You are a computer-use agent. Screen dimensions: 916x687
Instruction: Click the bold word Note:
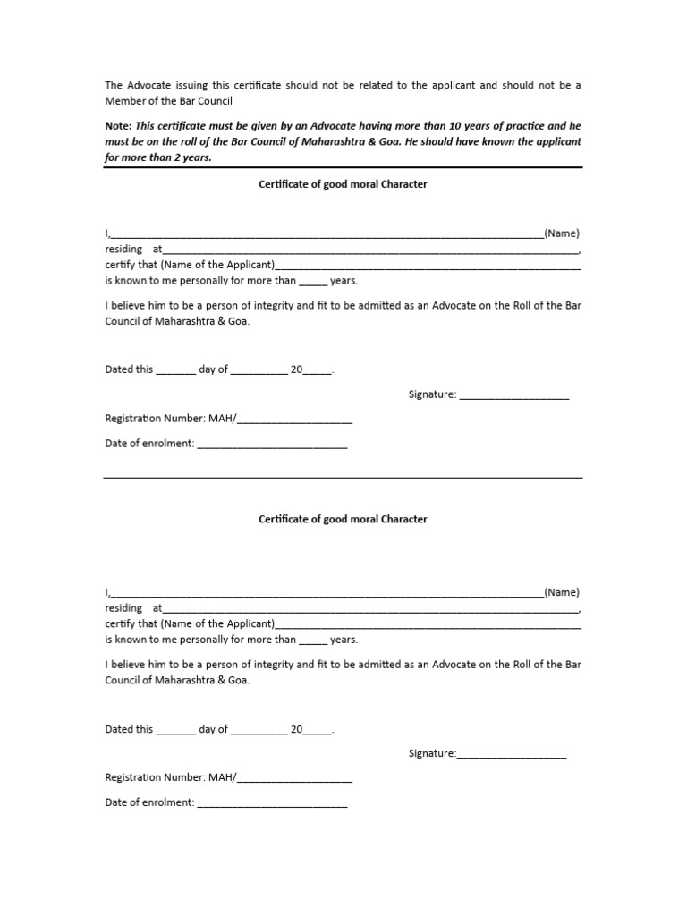click(119, 126)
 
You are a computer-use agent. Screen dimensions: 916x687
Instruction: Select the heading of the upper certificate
click(343, 184)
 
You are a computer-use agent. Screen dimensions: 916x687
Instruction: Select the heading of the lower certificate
click(343, 519)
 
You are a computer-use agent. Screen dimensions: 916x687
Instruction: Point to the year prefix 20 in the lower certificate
click(296, 729)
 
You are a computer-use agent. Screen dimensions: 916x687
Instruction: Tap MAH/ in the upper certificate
click(222, 419)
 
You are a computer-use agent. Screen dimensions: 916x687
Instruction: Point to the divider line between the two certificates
click(343, 478)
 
